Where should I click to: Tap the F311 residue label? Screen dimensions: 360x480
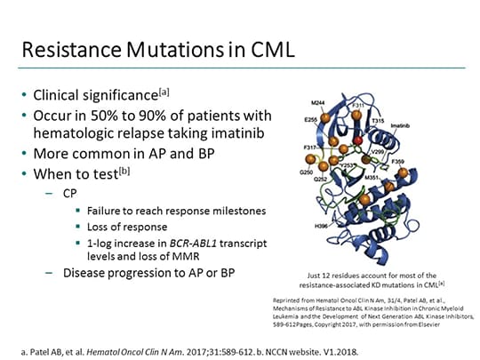pyautogui.click(x=357, y=106)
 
